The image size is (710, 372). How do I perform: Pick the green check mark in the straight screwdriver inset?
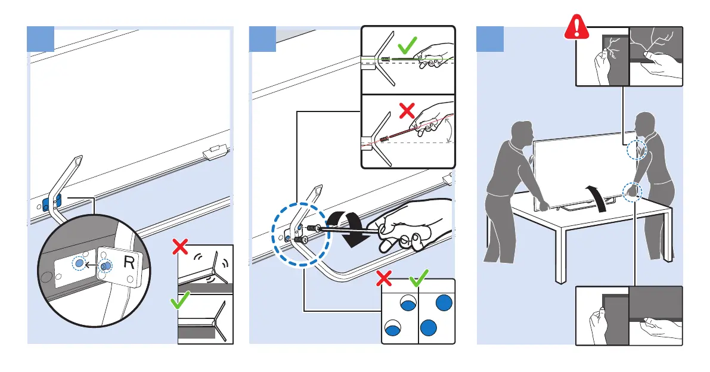pyautogui.click(x=408, y=46)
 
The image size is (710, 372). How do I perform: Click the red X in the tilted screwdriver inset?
pyautogui.click(x=407, y=110)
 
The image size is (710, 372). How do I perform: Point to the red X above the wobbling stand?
pyautogui.click(x=178, y=245)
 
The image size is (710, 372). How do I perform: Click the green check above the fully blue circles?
pyautogui.click(x=418, y=278)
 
